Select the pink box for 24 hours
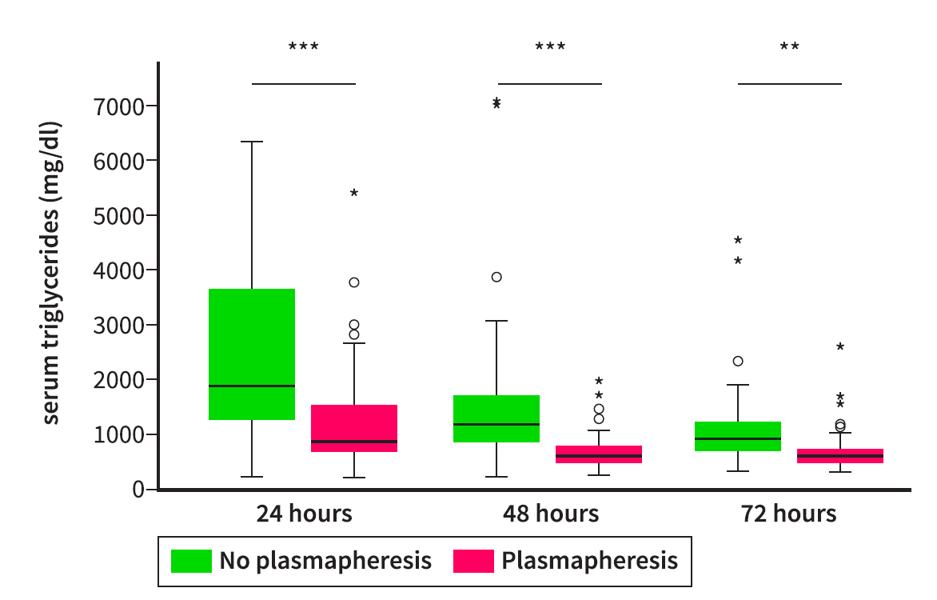[353, 428]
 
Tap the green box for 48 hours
[496, 418]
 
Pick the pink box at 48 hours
[599, 454]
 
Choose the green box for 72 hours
[738, 436]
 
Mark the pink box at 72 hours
[840, 456]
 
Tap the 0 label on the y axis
[139, 489]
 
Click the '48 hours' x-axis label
[550, 514]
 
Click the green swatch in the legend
[192, 561]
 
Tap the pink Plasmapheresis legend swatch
[473, 561]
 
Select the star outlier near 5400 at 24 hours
[354, 194]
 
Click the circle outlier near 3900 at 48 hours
[496, 277]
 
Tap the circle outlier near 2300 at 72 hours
[738, 361]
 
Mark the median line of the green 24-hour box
[252, 386]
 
